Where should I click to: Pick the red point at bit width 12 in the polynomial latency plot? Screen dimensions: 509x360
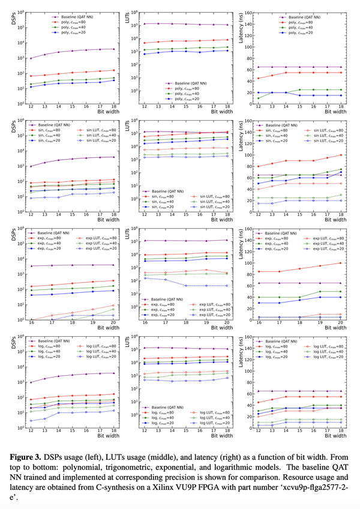259,79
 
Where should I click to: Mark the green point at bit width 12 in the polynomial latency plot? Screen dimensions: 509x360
259,98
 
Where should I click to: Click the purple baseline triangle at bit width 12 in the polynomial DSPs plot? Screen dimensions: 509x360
30,58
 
